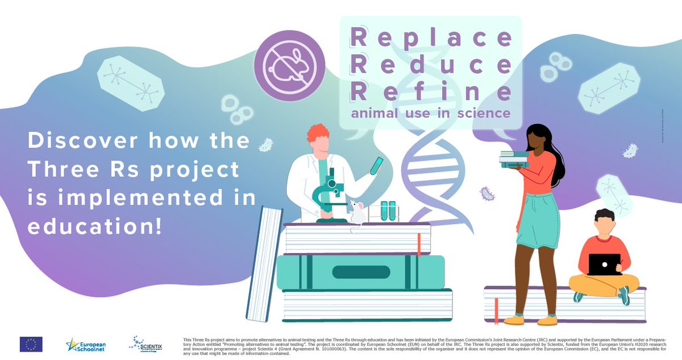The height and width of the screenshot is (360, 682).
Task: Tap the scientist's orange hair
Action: (318, 134)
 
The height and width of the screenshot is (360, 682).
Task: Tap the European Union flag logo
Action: (31, 344)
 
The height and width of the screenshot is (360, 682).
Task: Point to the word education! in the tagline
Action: (94, 225)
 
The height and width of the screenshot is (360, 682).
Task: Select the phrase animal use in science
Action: (430, 113)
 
